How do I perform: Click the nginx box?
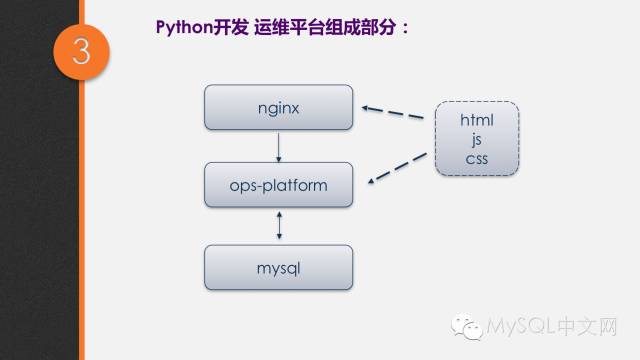tap(279, 107)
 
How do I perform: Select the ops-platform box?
tap(279, 186)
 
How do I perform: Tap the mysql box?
tap(279, 267)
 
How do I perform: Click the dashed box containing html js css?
tap(477, 139)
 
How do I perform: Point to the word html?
tap(477, 120)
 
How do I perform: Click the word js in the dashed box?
tap(477, 139)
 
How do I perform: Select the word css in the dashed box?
tap(477, 158)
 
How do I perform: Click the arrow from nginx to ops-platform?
tap(279, 146)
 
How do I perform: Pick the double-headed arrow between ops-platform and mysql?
tap(279, 225)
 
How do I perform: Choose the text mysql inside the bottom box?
tap(279, 268)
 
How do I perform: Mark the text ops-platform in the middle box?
tap(279, 186)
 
